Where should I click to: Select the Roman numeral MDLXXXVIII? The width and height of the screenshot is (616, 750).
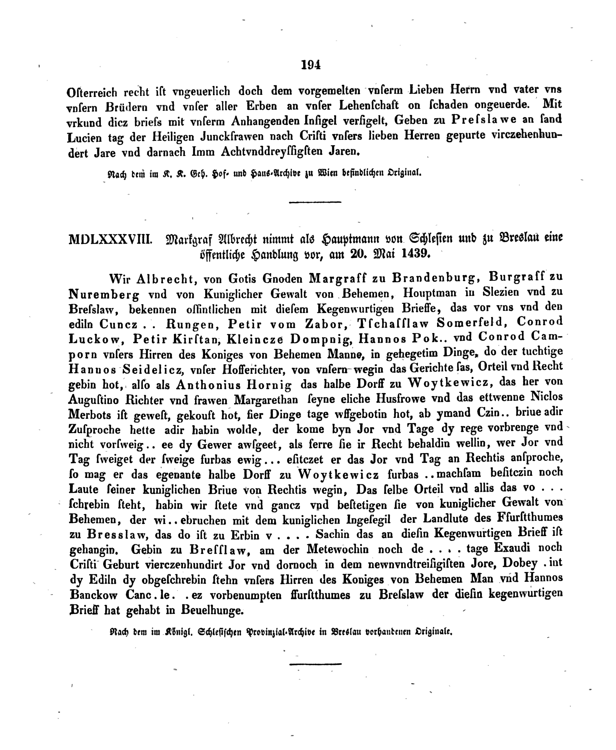tap(110, 240)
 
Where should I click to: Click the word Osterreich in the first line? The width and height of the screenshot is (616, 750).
tap(92, 92)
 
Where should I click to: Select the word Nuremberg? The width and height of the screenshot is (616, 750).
tap(104, 294)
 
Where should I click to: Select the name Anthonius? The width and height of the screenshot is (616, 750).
tap(209, 385)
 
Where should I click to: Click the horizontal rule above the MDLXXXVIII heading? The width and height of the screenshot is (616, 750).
tap(315, 202)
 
